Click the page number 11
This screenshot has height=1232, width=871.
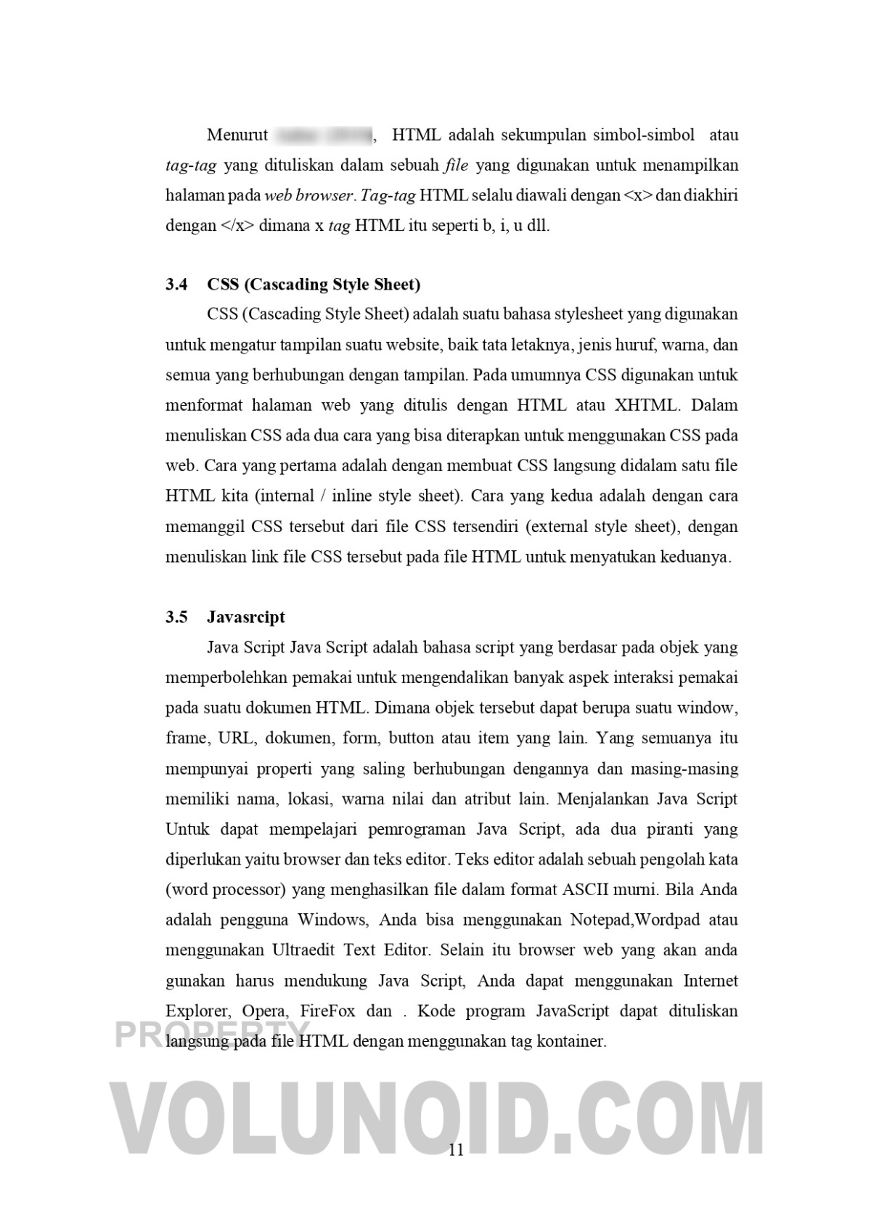click(457, 1149)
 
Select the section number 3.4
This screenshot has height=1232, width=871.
click(176, 284)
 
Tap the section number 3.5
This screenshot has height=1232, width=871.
click(176, 617)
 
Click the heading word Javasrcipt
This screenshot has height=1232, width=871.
click(246, 617)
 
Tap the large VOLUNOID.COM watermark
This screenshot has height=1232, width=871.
click(435, 1118)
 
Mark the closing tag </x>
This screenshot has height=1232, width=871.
click(237, 226)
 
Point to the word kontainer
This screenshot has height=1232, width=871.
click(570, 1041)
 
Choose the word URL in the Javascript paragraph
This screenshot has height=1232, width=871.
click(236, 738)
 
